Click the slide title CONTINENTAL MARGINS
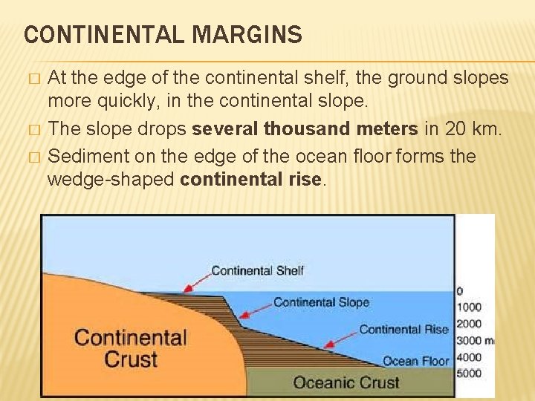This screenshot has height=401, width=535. (163, 35)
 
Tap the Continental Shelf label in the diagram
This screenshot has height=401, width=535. (257, 270)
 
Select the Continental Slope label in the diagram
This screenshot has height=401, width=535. (321, 302)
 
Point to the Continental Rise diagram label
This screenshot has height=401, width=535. (403, 330)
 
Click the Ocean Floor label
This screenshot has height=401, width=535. (415, 362)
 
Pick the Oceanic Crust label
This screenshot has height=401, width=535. (346, 383)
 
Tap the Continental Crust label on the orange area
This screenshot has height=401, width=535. (131, 349)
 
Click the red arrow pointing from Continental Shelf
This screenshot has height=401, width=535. (196, 281)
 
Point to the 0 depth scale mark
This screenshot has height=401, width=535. (459, 291)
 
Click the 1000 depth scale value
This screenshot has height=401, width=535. (469, 307)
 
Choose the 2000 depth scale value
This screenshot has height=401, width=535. (469, 324)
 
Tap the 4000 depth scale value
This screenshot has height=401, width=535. (469, 357)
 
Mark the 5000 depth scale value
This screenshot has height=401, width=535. (469, 374)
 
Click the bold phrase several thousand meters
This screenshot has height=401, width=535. (305, 129)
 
